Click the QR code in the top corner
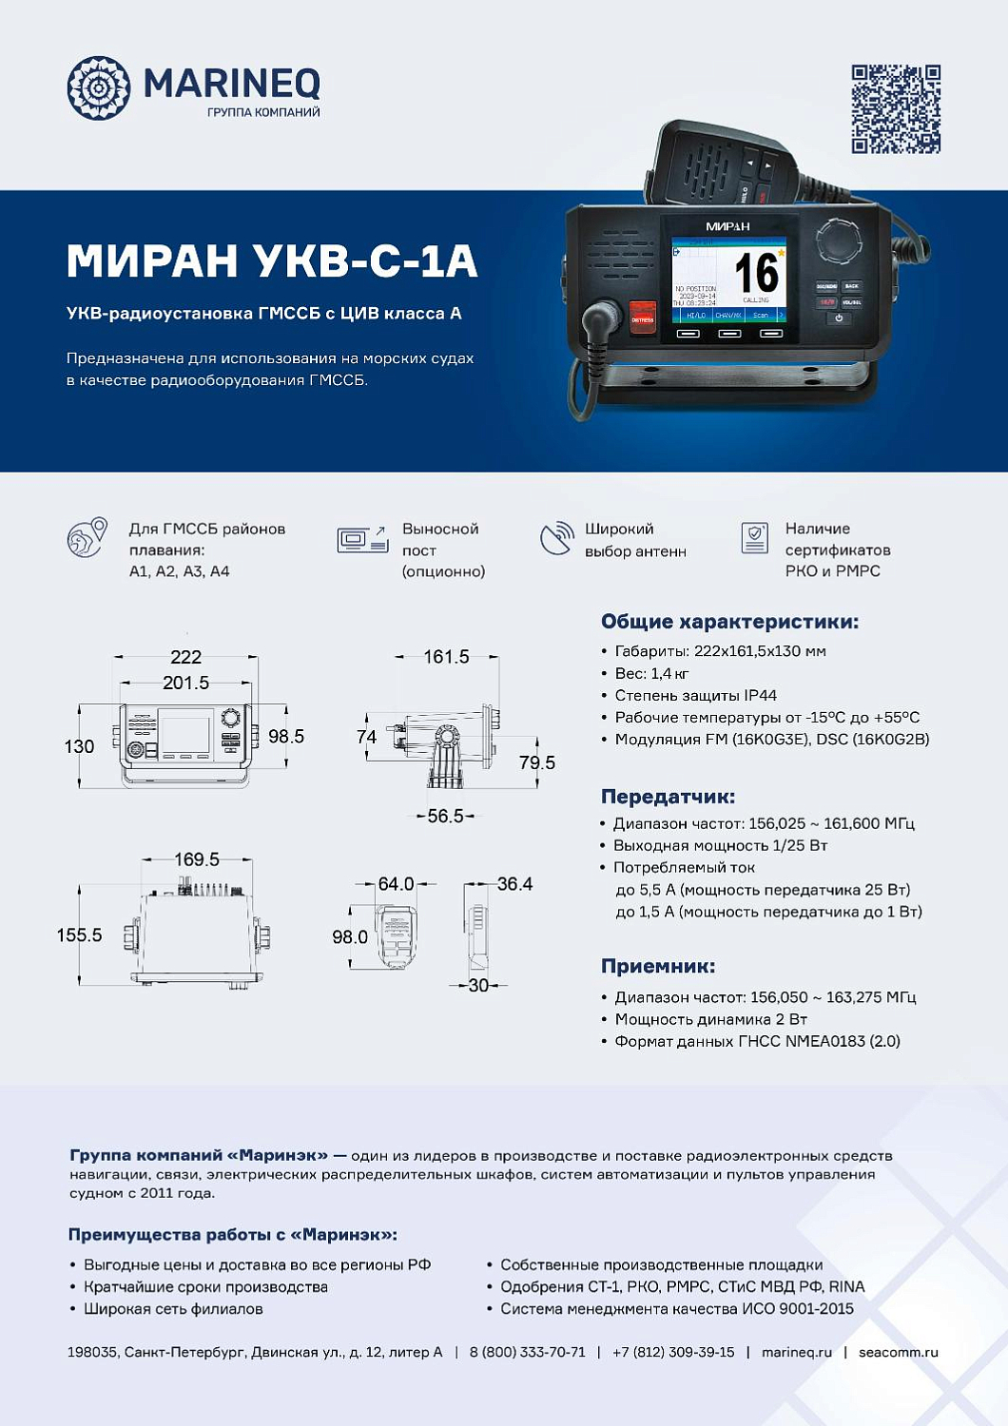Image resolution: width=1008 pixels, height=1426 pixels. pyautogui.click(x=895, y=109)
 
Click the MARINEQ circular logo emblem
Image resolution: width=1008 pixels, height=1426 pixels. pyautogui.click(x=98, y=88)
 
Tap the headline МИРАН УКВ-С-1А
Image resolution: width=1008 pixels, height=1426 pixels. pyautogui.click(x=271, y=261)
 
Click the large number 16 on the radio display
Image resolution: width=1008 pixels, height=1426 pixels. pyautogui.click(x=756, y=273)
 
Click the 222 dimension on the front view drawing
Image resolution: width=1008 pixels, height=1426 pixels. pyautogui.click(x=185, y=657)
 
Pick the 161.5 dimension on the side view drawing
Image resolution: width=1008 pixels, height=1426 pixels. pyautogui.click(x=446, y=657)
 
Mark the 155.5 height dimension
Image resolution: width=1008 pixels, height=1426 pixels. pyautogui.click(x=79, y=935)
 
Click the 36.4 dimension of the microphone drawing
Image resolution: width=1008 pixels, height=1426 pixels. pyautogui.click(x=514, y=884)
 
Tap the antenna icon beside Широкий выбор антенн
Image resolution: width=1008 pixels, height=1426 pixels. pyautogui.click(x=556, y=539)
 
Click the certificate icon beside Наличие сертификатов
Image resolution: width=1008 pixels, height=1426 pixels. pyautogui.click(x=755, y=538)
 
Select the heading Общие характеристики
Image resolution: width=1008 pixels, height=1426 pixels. pyautogui.click(x=729, y=622)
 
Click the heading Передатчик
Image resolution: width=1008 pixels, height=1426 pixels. pyautogui.click(x=668, y=797)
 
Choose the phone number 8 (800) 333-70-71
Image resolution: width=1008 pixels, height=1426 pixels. pyautogui.click(x=527, y=1352)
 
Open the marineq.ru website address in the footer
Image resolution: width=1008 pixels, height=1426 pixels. pyautogui.click(x=796, y=1352)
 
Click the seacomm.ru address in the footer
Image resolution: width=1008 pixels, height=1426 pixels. pyautogui.click(x=898, y=1352)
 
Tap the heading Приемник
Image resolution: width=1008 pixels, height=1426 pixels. pyautogui.click(x=657, y=967)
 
